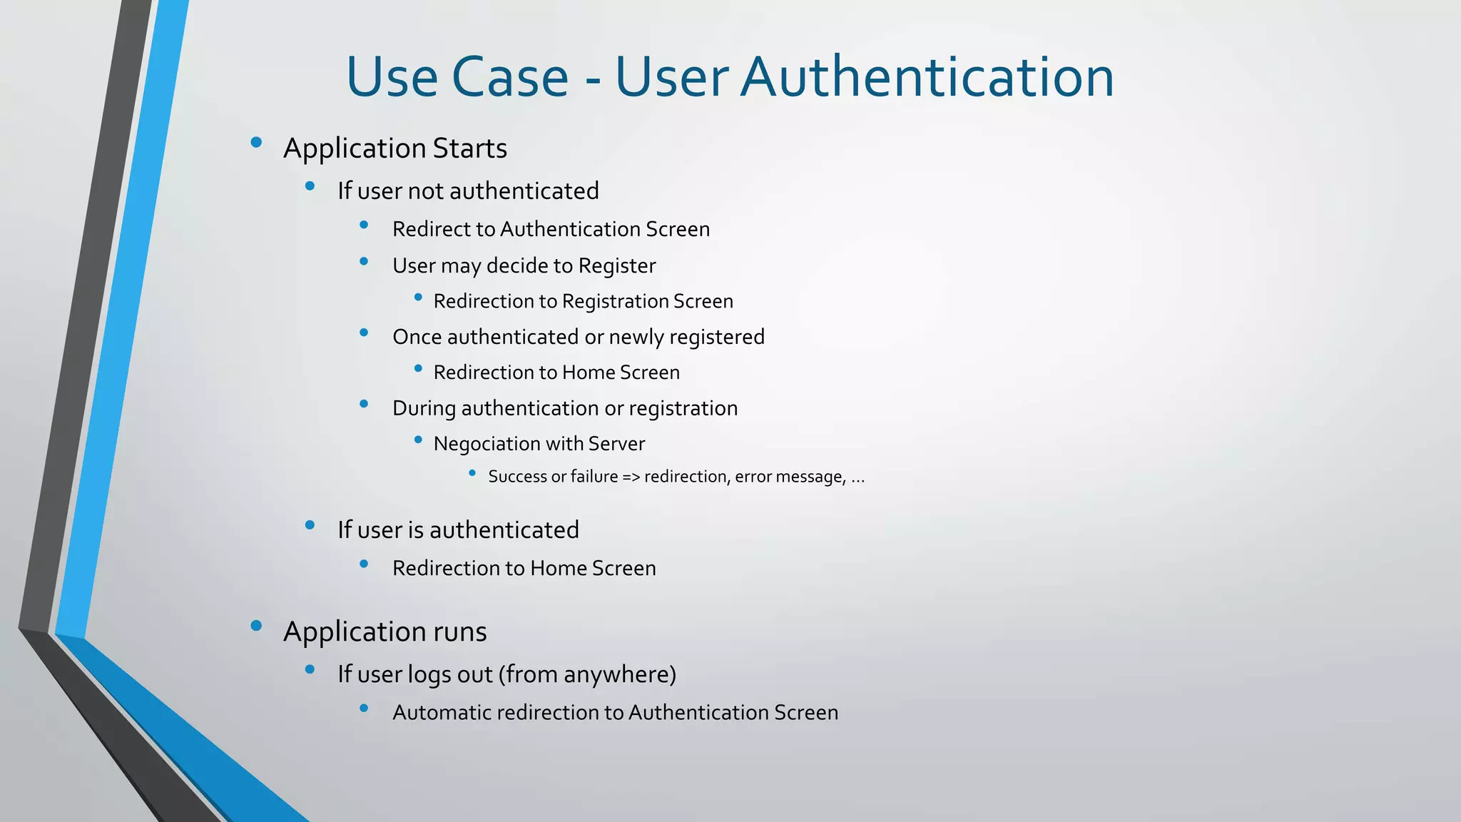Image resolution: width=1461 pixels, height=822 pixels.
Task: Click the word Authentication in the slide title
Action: [927, 76]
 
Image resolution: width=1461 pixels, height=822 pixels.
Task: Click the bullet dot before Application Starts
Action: [256, 143]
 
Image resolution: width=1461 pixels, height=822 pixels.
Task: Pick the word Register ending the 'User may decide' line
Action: [617, 265]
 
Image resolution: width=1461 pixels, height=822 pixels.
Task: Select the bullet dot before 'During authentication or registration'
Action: [364, 404]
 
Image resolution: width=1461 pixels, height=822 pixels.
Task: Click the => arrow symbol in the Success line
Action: [631, 477]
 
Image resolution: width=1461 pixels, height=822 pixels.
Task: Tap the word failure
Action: [594, 477]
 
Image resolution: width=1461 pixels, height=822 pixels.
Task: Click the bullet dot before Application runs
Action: [256, 626]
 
